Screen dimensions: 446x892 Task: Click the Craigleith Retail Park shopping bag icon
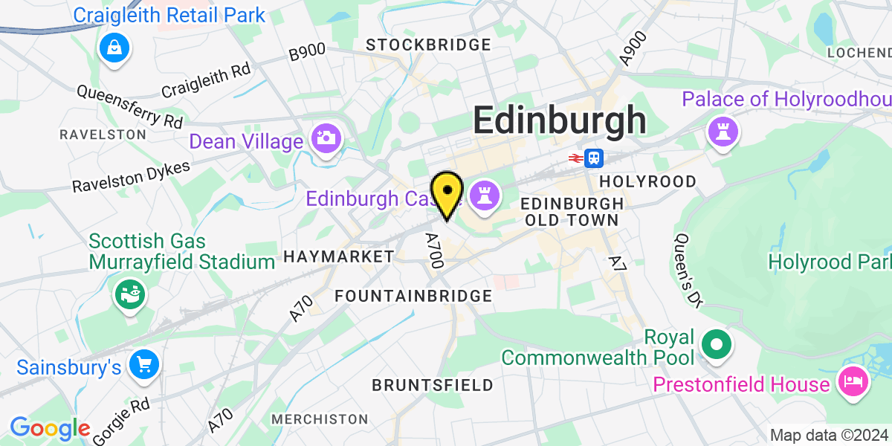point(114,48)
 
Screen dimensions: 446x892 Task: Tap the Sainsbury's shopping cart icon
point(143,364)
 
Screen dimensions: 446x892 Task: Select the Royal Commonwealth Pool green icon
point(717,345)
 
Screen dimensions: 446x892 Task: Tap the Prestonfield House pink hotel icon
point(851,383)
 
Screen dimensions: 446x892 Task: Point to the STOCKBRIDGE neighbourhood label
point(429,45)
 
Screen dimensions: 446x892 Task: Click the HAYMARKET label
point(339,257)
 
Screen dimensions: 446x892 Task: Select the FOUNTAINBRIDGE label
point(413,296)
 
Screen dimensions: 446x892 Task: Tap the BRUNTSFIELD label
point(432,385)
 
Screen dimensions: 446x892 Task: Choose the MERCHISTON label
point(320,420)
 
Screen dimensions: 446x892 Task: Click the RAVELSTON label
point(103,135)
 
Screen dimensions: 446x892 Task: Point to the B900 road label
point(307,52)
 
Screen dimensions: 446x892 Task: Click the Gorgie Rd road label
point(123,420)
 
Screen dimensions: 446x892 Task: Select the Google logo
point(49,428)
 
